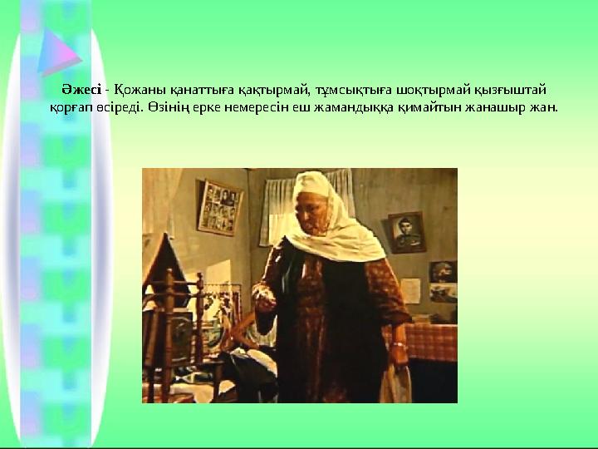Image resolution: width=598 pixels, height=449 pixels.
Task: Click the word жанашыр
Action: click(x=496, y=107)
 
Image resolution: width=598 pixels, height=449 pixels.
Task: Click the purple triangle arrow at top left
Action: click(x=59, y=51)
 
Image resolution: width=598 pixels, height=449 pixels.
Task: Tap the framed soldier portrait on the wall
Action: click(x=406, y=231)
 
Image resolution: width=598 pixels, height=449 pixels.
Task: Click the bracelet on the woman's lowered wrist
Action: click(x=399, y=344)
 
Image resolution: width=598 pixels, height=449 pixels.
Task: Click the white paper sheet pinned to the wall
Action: click(x=410, y=289)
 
